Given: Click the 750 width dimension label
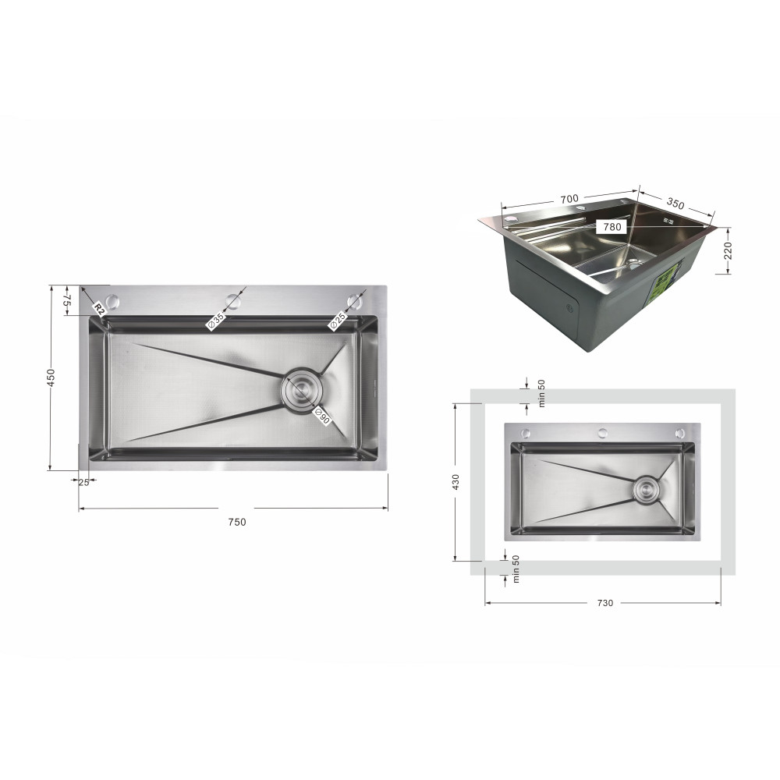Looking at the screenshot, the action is click(x=237, y=522).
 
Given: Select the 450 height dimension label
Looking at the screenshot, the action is click(x=51, y=377).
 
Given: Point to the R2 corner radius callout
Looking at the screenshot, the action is click(x=98, y=309).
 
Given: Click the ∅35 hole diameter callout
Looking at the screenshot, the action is click(x=216, y=321).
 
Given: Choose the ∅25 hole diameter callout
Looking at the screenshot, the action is click(x=337, y=321).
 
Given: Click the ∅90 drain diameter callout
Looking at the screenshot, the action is click(x=322, y=416).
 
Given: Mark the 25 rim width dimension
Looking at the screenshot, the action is click(x=83, y=482).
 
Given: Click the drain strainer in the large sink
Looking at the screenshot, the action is click(x=301, y=391).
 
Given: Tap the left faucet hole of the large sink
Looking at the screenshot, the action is click(x=114, y=301).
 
